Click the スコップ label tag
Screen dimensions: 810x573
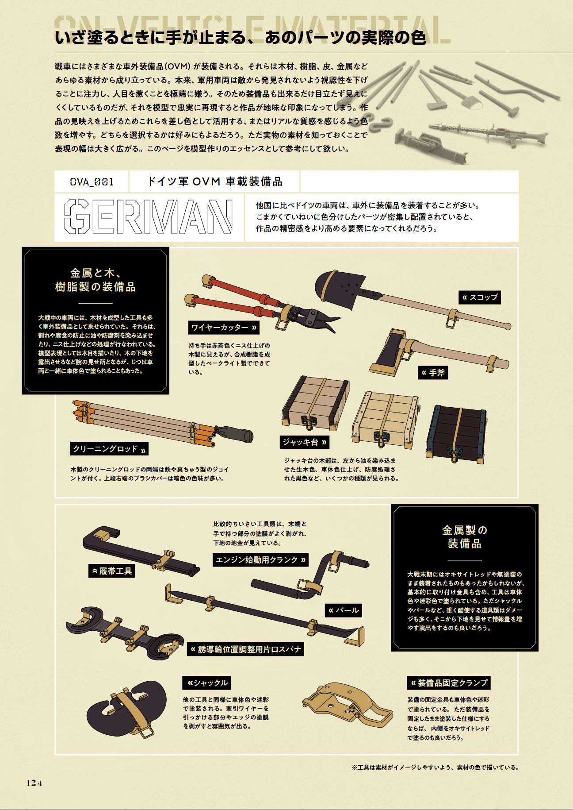(x=480, y=297)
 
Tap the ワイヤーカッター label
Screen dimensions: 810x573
(x=224, y=328)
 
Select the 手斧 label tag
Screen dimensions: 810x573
(x=433, y=373)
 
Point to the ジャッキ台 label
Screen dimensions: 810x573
(x=305, y=442)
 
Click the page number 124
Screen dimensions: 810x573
(x=34, y=783)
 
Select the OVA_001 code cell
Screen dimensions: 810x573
(x=92, y=182)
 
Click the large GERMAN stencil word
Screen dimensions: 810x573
(x=149, y=217)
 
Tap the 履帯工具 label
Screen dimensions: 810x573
(x=112, y=571)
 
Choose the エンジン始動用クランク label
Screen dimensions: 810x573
(x=260, y=560)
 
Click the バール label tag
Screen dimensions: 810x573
(x=344, y=610)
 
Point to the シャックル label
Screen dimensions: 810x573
(x=207, y=683)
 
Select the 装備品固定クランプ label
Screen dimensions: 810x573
(x=448, y=683)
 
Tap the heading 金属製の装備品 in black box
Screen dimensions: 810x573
(x=464, y=536)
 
